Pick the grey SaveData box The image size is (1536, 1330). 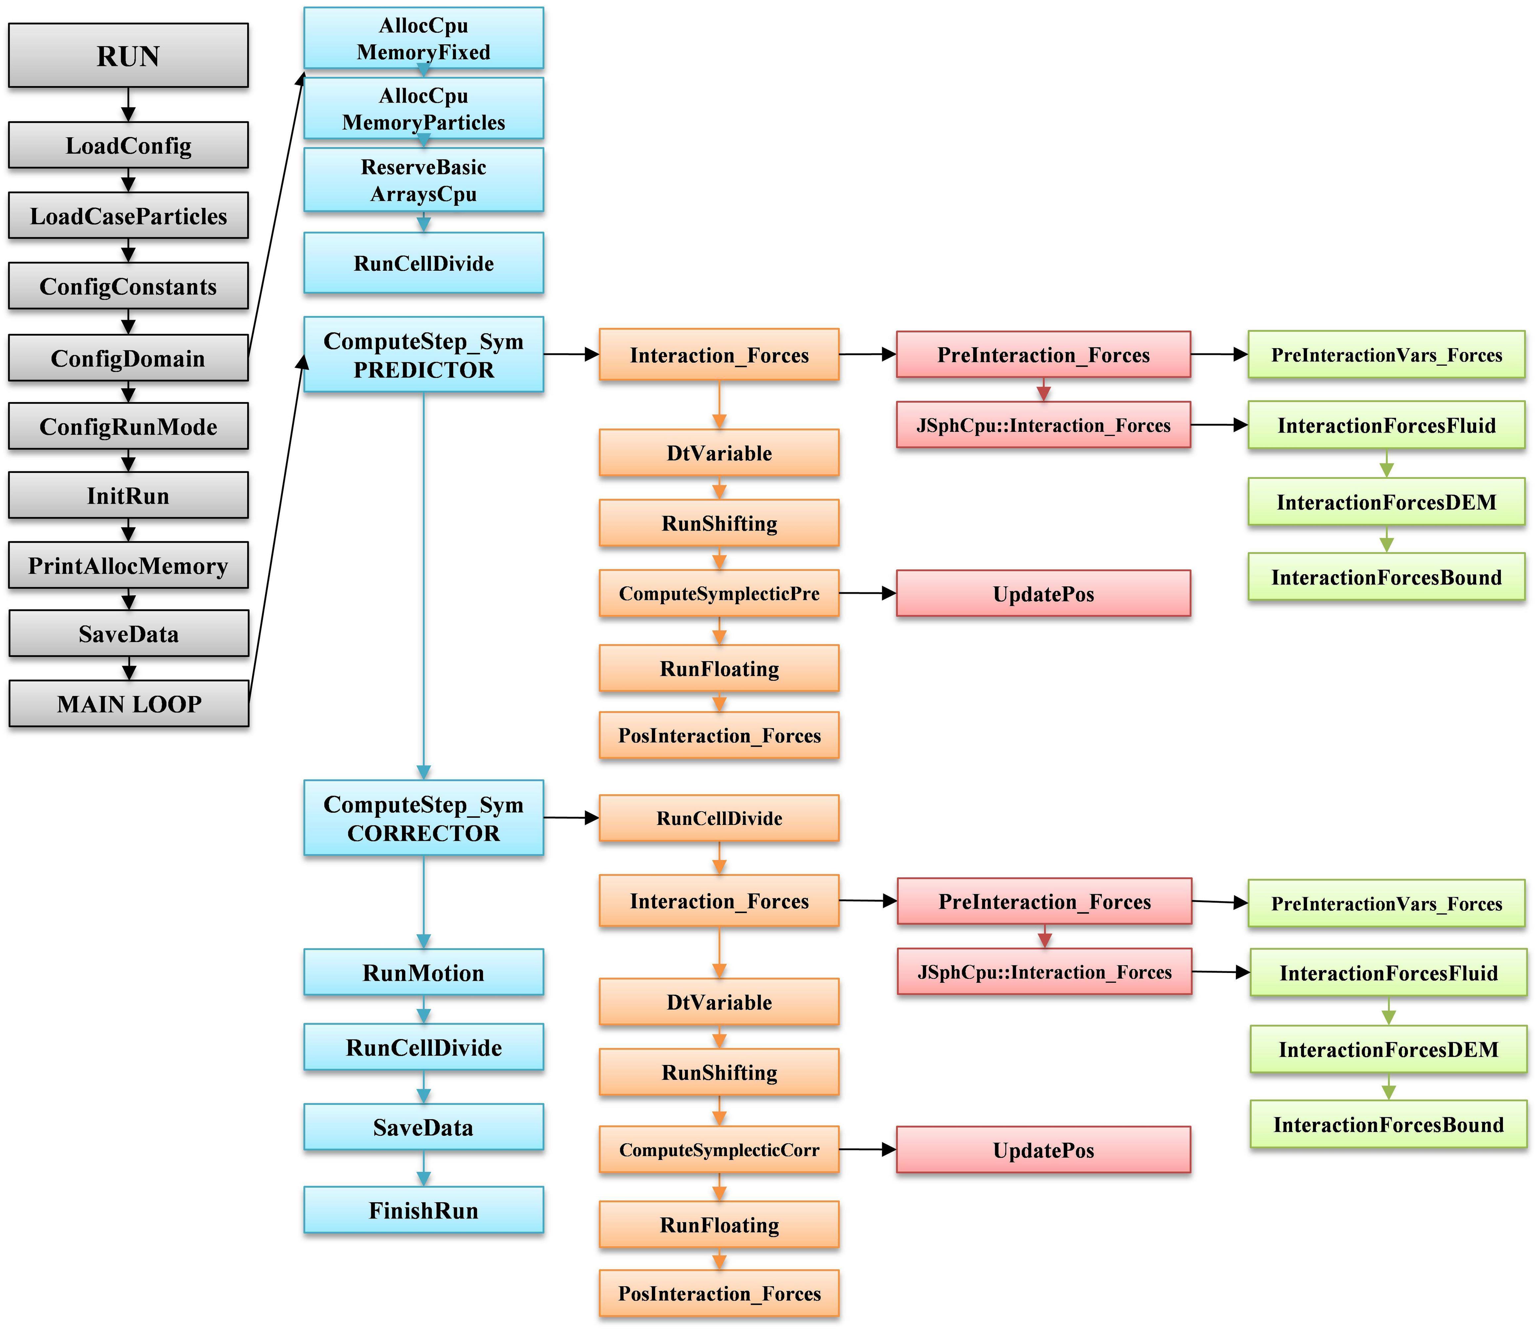pyautogui.click(x=128, y=634)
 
